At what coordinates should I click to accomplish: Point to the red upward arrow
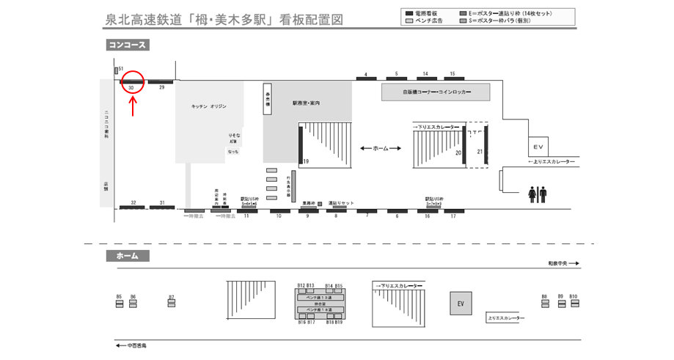[x=132, y=107]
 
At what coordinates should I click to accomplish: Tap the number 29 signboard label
[x=161, y=87]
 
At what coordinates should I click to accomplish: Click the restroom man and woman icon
[x=537, y=194]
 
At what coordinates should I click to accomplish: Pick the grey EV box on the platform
[x=461, y=304]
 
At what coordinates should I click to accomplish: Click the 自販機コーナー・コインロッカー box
[x=436, y=92]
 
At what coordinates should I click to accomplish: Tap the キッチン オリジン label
[x=208, y=106]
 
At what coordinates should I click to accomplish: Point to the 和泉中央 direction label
[x=563, y=262]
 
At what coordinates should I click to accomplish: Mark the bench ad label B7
[x=172, y=298]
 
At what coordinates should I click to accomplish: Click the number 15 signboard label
[x=453, y=74]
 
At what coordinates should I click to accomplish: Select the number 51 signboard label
[x=120, y=68]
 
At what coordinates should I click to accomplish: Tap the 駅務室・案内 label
[x=306, y=103]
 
